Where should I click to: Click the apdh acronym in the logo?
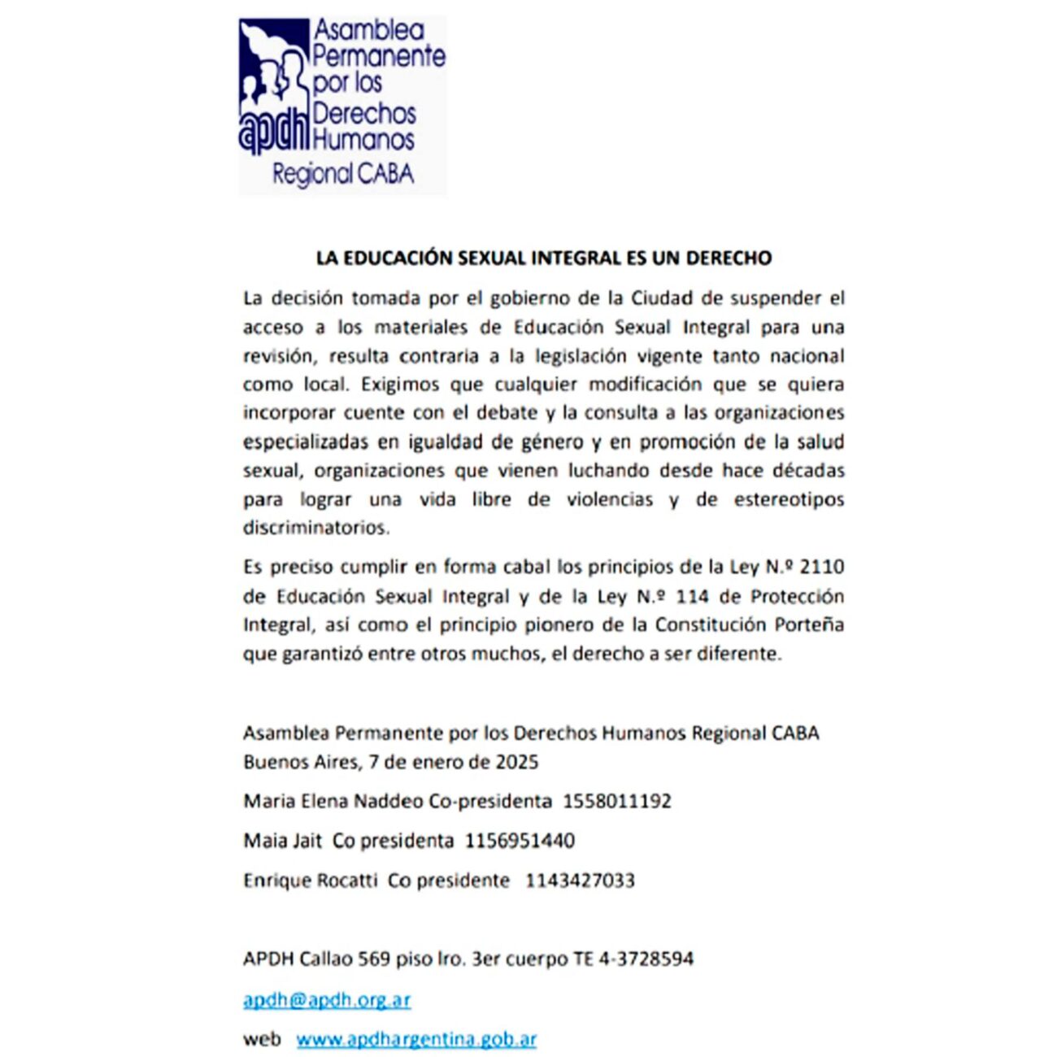pyautogui.click(x=274, y=132)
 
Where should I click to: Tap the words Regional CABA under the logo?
pyautogui.click(x=343, y=174)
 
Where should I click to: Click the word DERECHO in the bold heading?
pyautogui.click(x=729, y=259)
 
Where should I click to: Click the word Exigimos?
pyautogui.click(x=401, y=384)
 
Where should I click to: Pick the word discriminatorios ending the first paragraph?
pyautogui.click(x=316, y=528)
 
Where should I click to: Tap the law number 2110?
pyautogui.click(x=822, y=567)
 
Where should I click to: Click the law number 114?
pyautogui.click(x=692, y=597)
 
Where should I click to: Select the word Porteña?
pyautogui.click(x=808, y=625)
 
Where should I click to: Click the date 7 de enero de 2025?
pyautogui.click(x=454, y=762)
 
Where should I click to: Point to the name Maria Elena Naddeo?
pyautogui.click(x=333, y=801)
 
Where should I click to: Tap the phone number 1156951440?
pyautogui.click(x=520, y=841)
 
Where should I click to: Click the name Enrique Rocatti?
pyautogui.click(x=311, y=881)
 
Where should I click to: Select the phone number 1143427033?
pyautogui.click(x=580, y=881)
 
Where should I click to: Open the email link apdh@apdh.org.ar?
pyautogui.click(x=327, y=1000)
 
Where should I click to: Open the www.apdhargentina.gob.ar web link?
pyautogui.click(x=416, y=1039)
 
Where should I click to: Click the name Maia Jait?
pyautogui.click(x=283, y=841)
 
